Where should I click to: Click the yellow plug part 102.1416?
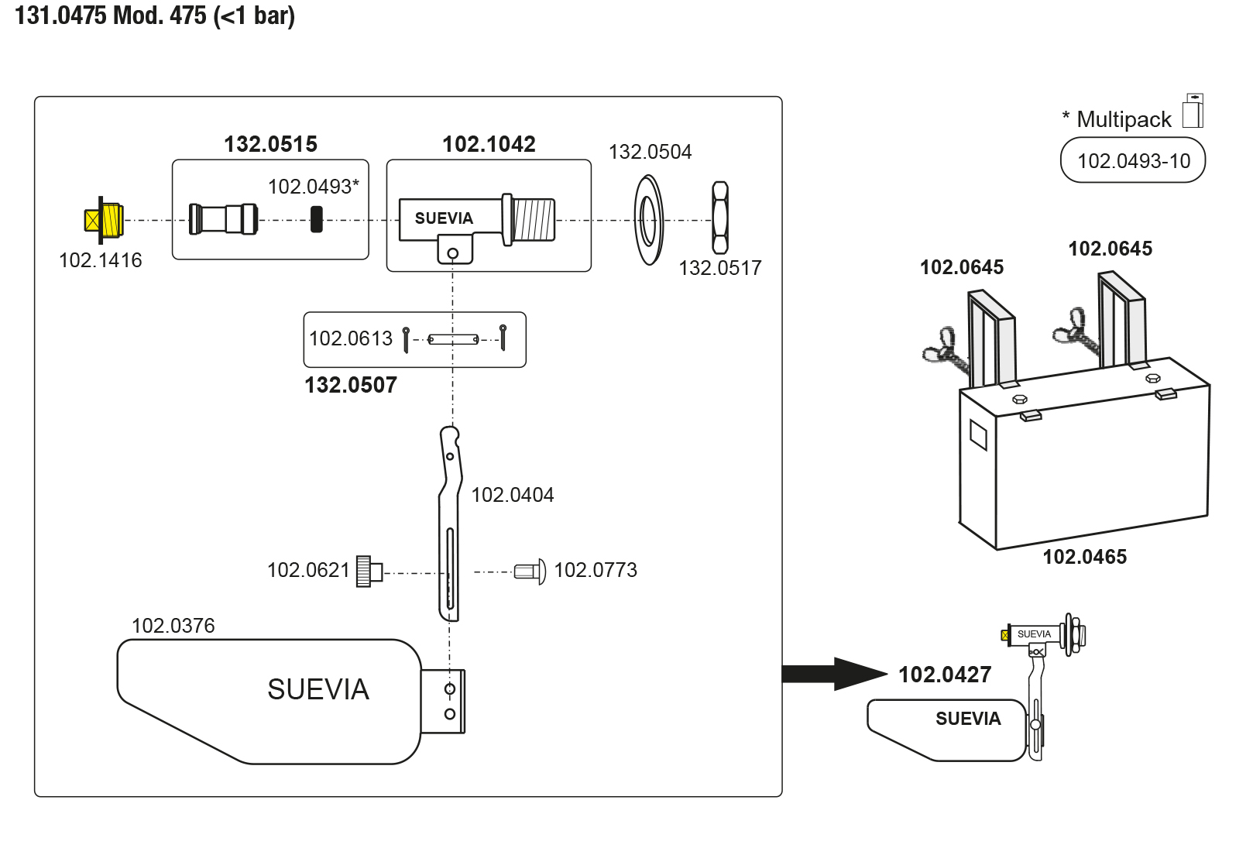click(104, 220)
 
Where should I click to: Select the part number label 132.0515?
click(270, 144)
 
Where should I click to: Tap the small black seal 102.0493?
click(316, 219)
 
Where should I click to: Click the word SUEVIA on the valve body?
click(444, 218)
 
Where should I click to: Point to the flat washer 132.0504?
click(648, 220)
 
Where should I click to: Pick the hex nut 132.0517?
click(720, 218)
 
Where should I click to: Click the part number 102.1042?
click(489, 144)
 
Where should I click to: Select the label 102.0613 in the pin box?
click(351, 338)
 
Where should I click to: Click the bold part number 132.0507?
click(350, 385)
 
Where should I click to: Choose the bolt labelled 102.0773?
click(530, 572)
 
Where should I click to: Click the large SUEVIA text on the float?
click(318, 689)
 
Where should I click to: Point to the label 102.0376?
click(173, 626)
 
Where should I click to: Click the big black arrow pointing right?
click(832, 674)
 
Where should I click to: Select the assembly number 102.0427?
click(944, 675)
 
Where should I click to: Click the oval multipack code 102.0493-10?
click(1133, 160)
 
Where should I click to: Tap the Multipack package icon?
click(1193, 111)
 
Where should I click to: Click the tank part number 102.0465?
click(1084, 557)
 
